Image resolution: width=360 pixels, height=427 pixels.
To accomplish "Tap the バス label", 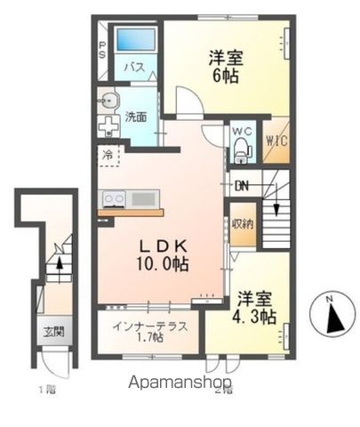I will (x=134, y=68).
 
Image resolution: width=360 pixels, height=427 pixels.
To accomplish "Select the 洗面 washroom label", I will (x=135, y=117).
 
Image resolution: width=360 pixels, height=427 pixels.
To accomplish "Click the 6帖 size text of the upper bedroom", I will (x=226, y=75).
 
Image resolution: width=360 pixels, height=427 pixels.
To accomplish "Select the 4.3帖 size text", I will (x=256, y=317).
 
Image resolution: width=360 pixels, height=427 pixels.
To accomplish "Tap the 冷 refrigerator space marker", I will (x=108, y=152).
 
